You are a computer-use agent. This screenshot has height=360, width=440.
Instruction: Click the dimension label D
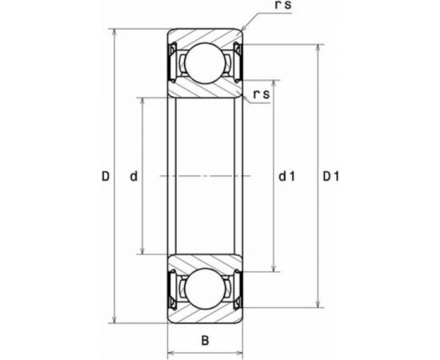point(105,177)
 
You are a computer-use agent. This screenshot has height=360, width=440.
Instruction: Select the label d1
point(287,177)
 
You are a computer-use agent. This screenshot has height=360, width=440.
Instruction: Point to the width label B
point(205,341)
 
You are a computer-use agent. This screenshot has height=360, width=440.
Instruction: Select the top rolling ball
point(205,62)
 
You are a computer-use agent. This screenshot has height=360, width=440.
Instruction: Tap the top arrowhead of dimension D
point(116,34)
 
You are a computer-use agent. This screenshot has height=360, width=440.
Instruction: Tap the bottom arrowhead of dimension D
point(116,318)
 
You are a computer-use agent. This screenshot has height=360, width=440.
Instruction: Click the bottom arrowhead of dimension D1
point(321,305)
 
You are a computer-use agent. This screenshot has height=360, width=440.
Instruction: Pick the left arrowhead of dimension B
point(170,352)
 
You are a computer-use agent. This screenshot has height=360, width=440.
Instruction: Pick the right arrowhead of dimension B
point(240,352)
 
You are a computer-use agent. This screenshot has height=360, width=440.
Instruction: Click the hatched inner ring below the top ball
point(205,89)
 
